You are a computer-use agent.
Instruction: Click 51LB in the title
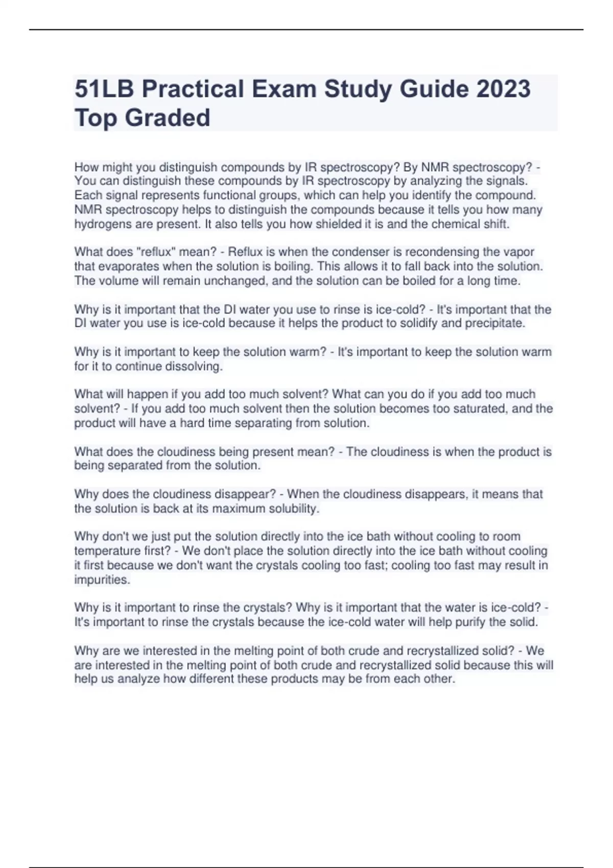[104, 89]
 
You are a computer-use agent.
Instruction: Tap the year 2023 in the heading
[503, 89]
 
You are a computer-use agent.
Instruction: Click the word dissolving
[194, 366]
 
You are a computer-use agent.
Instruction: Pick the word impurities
[102, 580]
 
